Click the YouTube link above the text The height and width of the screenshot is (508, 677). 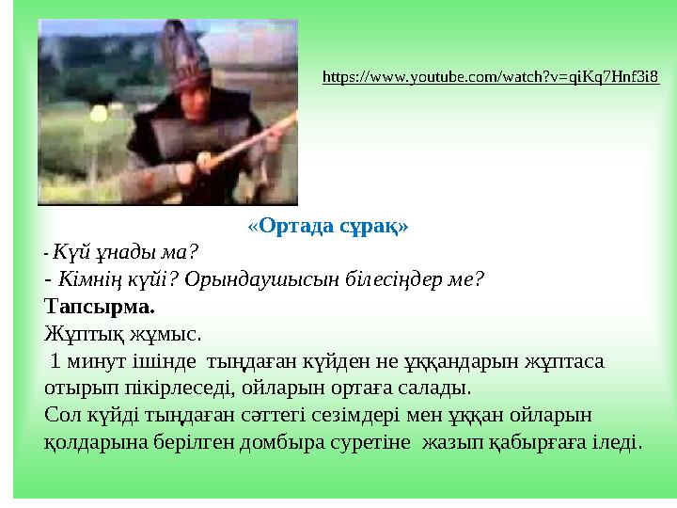[490, 76]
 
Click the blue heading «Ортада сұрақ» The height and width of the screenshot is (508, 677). [327, 227]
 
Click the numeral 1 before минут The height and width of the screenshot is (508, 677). [58, 360]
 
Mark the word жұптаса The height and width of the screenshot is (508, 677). [562, 360]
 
